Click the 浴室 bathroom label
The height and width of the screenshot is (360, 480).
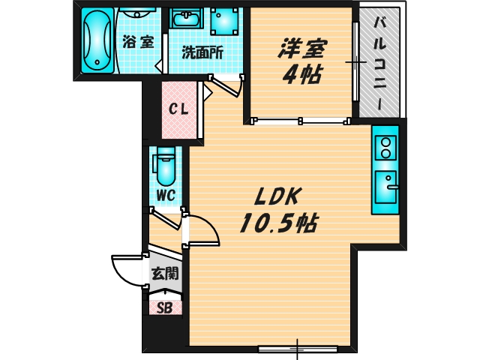coord(137,42)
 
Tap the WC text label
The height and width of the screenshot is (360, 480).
coord(165,196)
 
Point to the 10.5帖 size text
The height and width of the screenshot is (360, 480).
coord(277,223)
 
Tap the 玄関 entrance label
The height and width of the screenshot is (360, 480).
coord(165,274)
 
